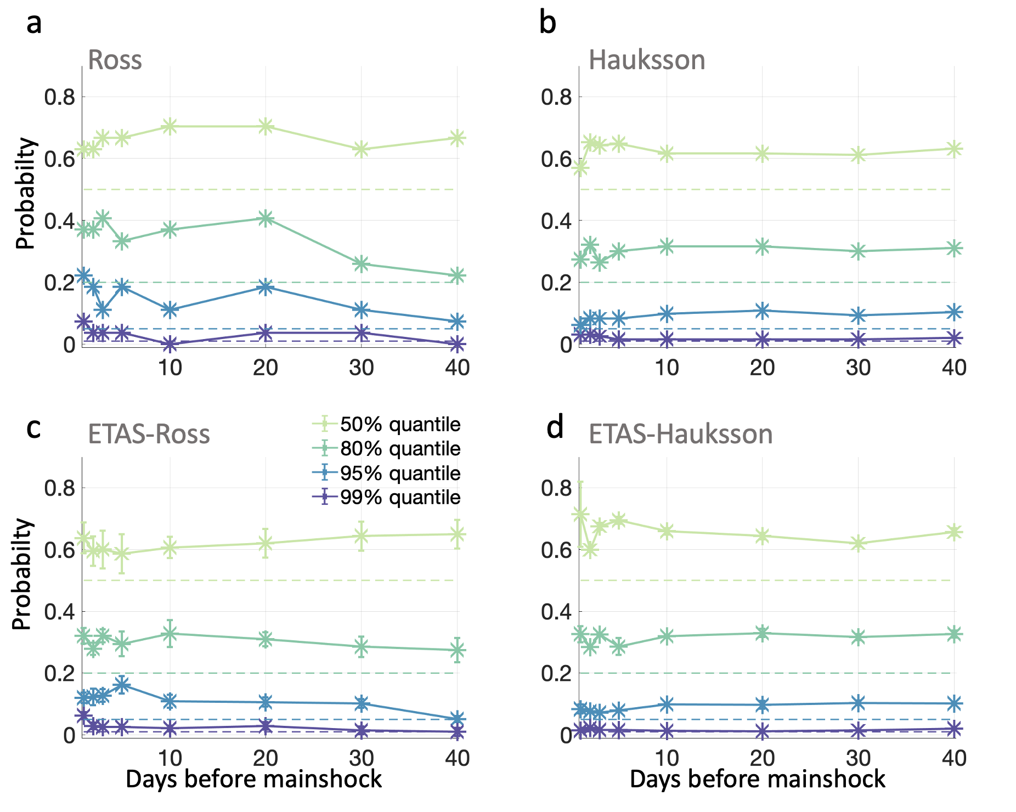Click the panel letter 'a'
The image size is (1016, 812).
tap(34, 24)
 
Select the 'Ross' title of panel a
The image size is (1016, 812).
tap(115, 60)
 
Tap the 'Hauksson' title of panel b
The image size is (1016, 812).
tap(646, 60)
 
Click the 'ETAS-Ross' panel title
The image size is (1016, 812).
tap(149, 434)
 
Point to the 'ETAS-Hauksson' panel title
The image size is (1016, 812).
tap(680, 434)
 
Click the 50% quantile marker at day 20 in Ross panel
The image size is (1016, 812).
tap(266, 126)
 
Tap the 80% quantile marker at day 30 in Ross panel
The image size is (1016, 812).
tap(361, 264)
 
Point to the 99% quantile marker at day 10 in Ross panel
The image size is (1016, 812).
tap(170, 344)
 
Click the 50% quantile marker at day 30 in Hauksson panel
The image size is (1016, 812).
tap(859, 155)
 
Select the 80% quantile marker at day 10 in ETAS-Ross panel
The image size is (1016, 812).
tap(170, 633)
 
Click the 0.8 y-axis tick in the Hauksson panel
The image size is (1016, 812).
tap(557, 97)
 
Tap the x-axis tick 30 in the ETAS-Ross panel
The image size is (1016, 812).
tap(361, 758)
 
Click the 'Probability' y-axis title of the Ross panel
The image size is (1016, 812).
tap(25, 194)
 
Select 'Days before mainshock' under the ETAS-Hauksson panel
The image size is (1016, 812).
tap(757, 780)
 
